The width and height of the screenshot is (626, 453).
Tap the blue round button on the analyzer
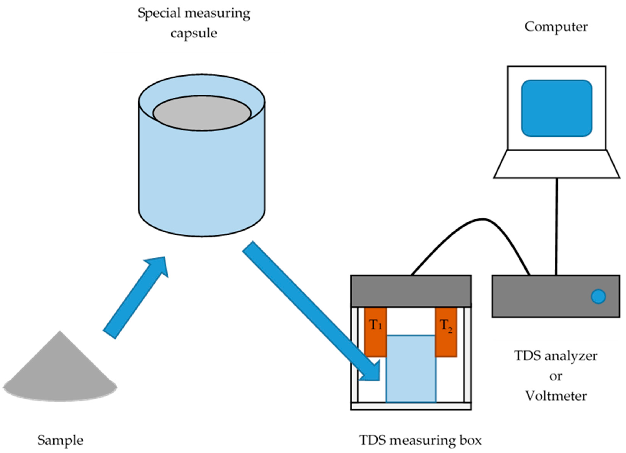click(598, 296)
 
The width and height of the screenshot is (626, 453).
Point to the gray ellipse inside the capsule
click(202, 113)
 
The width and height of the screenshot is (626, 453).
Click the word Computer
click(556, 27)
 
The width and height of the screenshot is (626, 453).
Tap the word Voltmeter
click(556, 396)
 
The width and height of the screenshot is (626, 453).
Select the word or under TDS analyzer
click(556, 376)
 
